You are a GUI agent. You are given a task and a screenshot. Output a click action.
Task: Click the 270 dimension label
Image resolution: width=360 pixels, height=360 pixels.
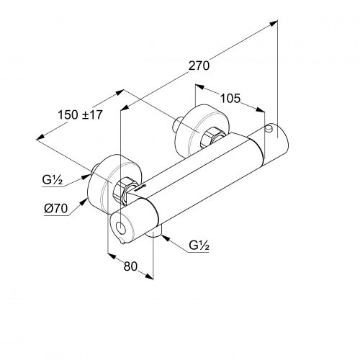click(199, 66)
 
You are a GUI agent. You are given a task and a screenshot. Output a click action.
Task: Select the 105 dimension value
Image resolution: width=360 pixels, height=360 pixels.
click(230, 99)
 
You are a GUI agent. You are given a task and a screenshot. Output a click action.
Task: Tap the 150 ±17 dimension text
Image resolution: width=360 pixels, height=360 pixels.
click(80, 114)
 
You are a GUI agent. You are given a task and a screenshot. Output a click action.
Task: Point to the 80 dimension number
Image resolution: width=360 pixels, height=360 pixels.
click(130, 266)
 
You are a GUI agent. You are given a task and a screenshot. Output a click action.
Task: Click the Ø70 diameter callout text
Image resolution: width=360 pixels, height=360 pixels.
click(55, 208)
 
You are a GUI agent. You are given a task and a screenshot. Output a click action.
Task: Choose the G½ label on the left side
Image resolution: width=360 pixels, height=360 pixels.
click(53, 179)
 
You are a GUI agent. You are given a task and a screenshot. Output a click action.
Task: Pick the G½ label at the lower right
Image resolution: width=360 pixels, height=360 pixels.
click(199, 245)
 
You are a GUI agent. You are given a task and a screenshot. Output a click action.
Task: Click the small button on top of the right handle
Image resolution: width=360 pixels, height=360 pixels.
click(269, 128)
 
